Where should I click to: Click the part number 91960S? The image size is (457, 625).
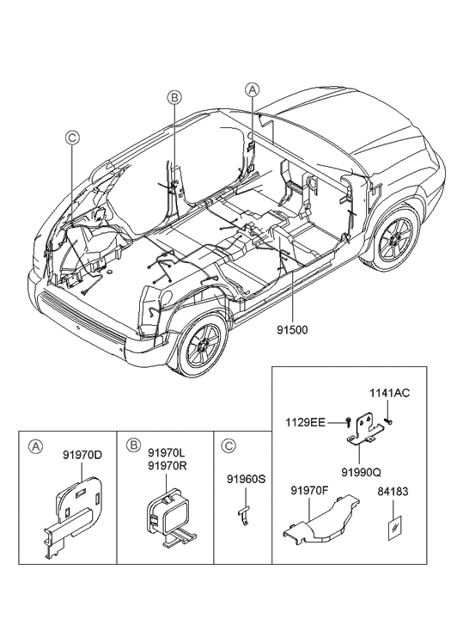click(x=245, y=478)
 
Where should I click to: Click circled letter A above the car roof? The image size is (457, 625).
click(x=252, y=89)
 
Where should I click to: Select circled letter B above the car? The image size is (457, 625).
click(x=174, y=99)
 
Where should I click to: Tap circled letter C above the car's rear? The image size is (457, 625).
click(x=73, y=136)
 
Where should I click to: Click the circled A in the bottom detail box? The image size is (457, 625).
click(x=35, y=446)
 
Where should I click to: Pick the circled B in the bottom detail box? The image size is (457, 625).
click(x=134, y=446)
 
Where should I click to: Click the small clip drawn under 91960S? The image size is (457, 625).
click(x=244, y=513)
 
